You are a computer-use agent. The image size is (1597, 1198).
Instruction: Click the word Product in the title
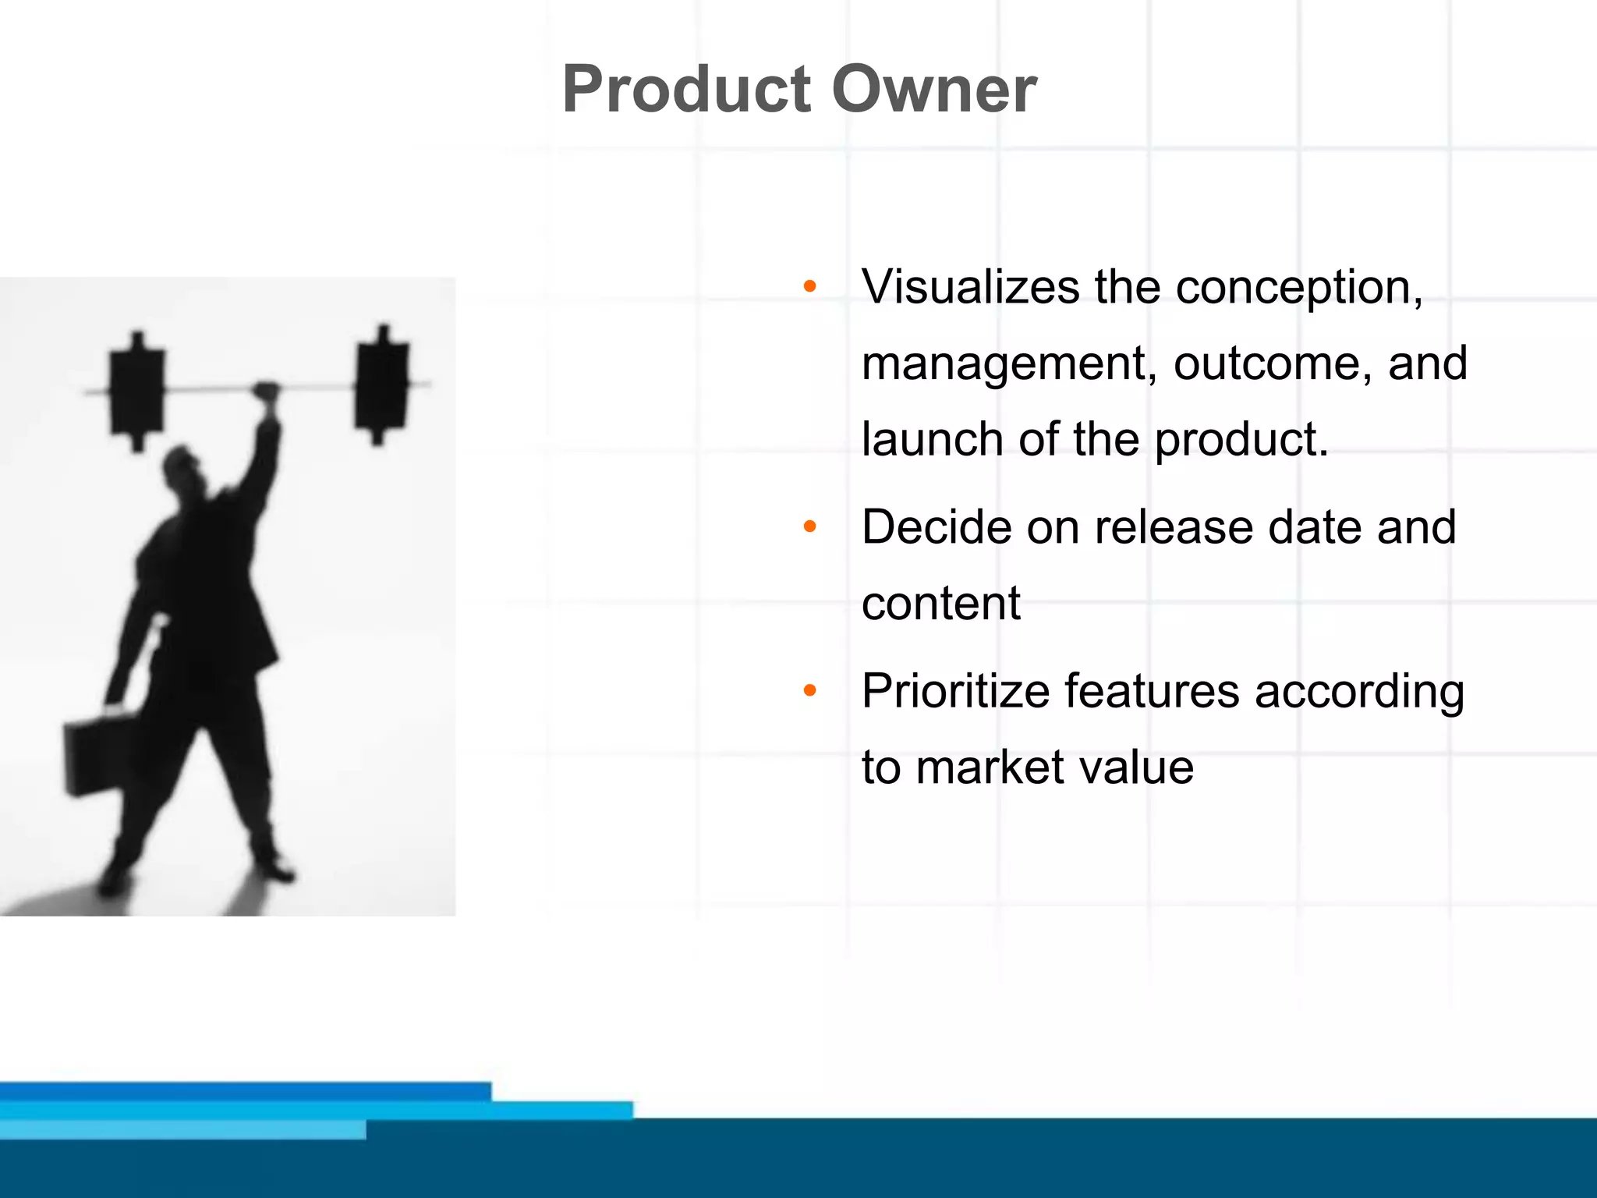tap(686, 90)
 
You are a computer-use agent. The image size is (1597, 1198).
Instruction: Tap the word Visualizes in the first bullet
tap(971, 287)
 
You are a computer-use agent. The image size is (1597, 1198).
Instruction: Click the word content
tap(940, 604)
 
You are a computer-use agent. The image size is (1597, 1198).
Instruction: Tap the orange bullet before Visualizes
tap(809, 287)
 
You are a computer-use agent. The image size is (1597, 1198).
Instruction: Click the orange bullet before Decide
tap(809, 528)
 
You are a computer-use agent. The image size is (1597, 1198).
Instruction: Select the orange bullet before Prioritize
tap(809, 691)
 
